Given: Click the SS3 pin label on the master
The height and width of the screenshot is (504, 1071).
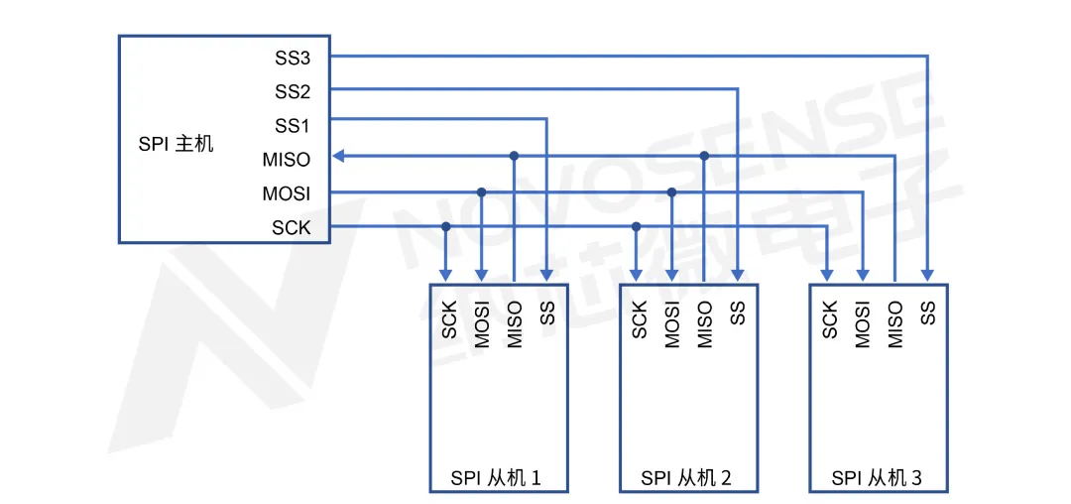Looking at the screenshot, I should (293, 58).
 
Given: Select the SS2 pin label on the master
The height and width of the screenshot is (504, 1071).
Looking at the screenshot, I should (293, 92).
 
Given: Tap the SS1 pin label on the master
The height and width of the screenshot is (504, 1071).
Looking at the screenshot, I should (293, 126).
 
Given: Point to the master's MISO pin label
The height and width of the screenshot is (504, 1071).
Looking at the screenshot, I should (287, 159).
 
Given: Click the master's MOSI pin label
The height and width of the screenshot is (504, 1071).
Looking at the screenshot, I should (287, 193).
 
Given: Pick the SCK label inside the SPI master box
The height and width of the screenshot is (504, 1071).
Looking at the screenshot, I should (292, 228).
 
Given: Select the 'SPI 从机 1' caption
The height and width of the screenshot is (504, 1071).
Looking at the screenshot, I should (496, 478).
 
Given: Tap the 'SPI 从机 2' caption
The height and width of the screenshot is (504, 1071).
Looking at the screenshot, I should (686, 478).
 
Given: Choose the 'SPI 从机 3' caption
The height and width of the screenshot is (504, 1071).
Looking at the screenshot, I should (877, 478).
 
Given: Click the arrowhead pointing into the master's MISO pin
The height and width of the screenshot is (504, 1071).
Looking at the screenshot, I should (338, 156).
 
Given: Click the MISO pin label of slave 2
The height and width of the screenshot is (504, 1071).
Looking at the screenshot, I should (705, 324).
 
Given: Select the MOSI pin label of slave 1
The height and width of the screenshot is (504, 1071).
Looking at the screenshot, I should (482, 324).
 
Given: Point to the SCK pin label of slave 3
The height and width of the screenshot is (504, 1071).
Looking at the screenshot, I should (830, 319).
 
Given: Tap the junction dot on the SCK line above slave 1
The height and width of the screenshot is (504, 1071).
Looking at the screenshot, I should (446, 227).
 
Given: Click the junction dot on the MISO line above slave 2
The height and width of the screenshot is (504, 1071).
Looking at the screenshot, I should (704, 156).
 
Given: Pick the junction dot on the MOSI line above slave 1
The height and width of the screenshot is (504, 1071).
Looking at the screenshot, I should (482, 191).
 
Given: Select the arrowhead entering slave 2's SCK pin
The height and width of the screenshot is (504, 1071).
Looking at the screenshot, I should (637, 275).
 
